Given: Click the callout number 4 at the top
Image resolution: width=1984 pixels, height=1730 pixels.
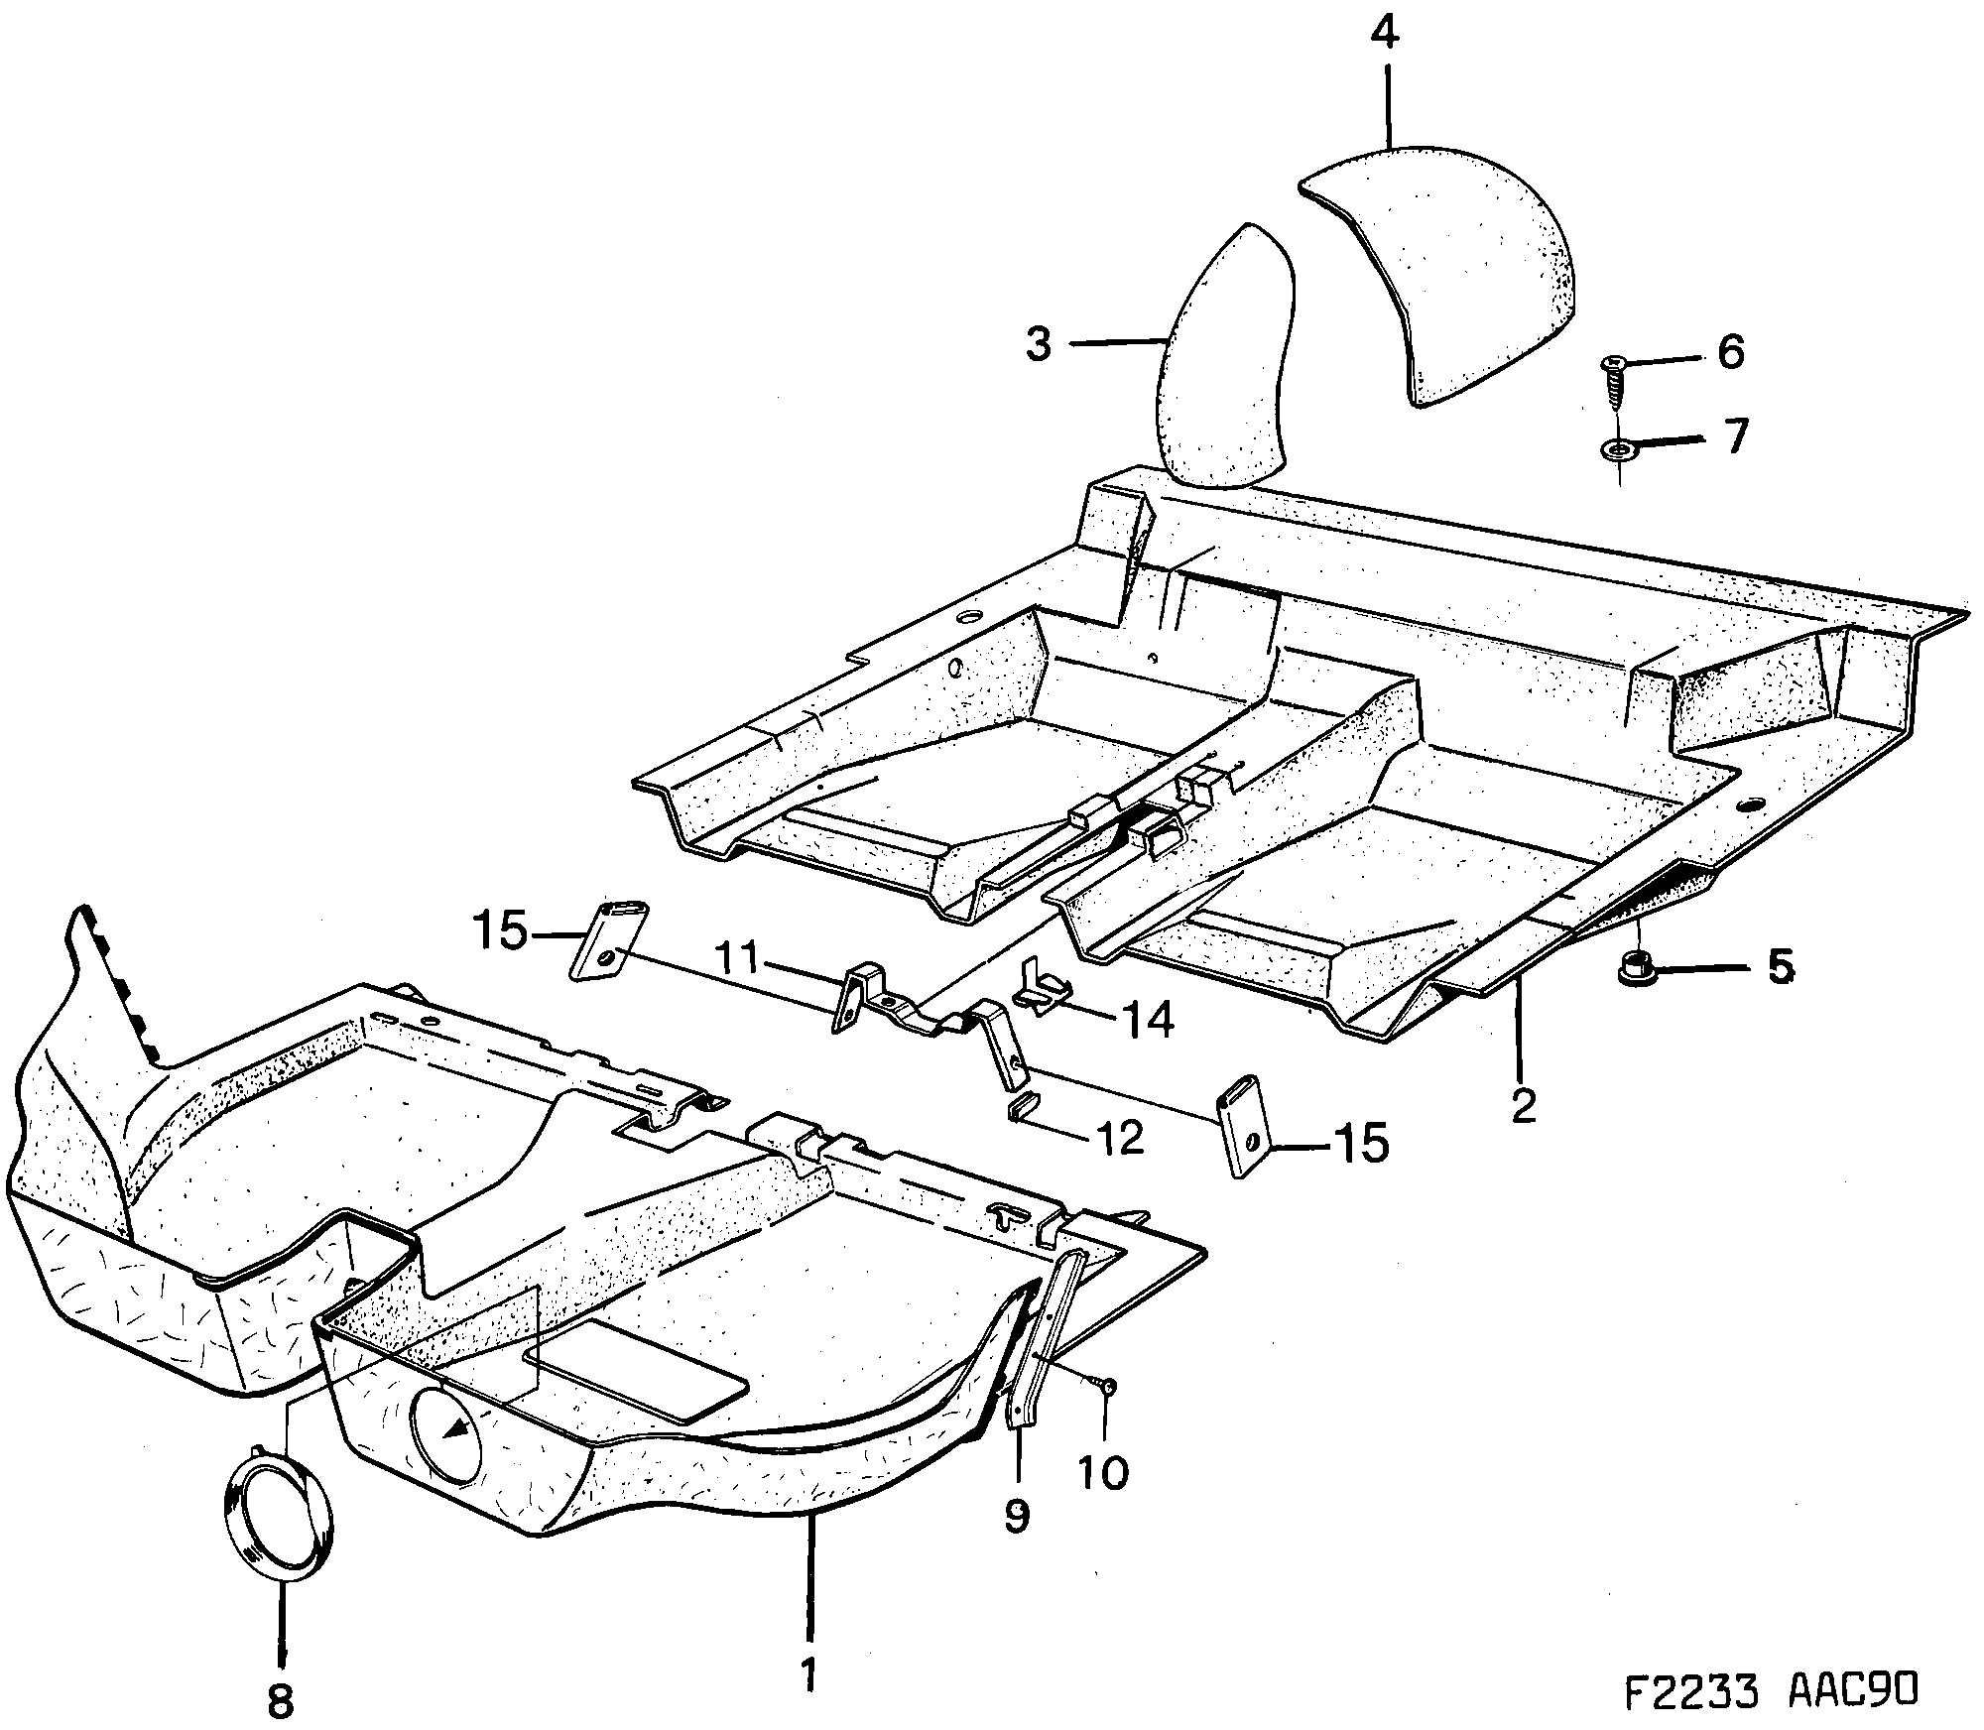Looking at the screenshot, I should point(1386,35).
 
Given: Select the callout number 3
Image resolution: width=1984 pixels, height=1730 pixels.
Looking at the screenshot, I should point(1038,346).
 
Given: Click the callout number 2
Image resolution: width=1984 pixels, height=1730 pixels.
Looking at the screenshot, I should point(1523,1105).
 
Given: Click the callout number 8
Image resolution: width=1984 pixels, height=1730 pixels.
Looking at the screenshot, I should point(281,1702).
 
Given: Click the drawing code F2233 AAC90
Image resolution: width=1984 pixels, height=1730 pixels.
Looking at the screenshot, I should point(1773,1690).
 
